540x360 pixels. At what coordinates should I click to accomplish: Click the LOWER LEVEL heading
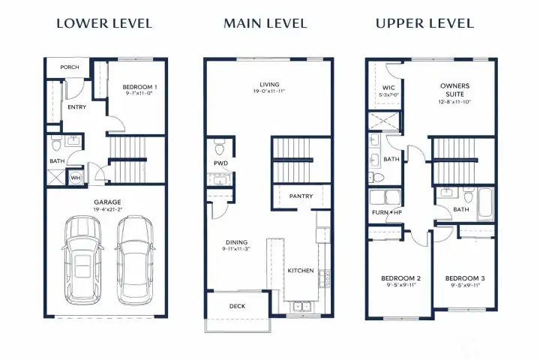104,24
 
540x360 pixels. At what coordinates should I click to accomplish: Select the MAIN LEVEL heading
265,24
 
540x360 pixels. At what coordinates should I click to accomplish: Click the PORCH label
70,67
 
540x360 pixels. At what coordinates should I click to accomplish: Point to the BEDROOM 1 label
140,88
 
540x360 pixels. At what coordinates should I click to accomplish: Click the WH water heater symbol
75,178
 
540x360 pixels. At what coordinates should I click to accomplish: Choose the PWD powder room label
221,163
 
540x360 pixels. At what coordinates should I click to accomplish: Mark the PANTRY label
301,196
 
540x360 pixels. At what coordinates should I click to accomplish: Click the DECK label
237,306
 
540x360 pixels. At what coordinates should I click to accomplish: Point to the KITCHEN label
301,270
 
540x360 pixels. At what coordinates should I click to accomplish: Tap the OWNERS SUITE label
455,90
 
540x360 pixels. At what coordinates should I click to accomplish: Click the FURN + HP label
387,212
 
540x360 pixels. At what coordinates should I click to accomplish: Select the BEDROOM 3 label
465,277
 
